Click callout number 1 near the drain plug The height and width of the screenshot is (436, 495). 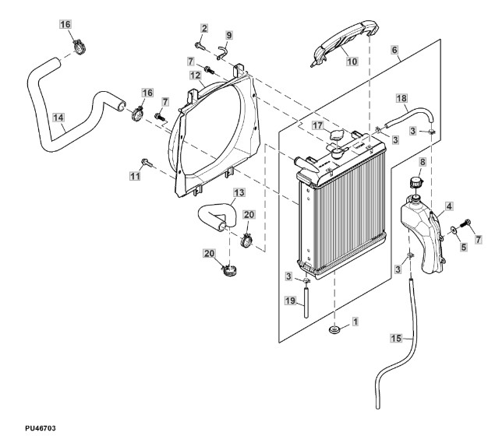point(355,321)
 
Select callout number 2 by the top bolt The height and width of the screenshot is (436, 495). point(203,29)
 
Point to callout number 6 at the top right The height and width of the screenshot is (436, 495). point(394,48)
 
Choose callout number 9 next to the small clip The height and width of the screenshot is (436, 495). point(229,35)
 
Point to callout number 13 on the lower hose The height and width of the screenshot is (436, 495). point(239,192)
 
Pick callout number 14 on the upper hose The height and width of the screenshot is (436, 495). point(58,118)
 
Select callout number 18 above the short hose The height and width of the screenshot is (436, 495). point(402,99)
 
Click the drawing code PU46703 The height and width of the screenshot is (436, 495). point(23,427)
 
